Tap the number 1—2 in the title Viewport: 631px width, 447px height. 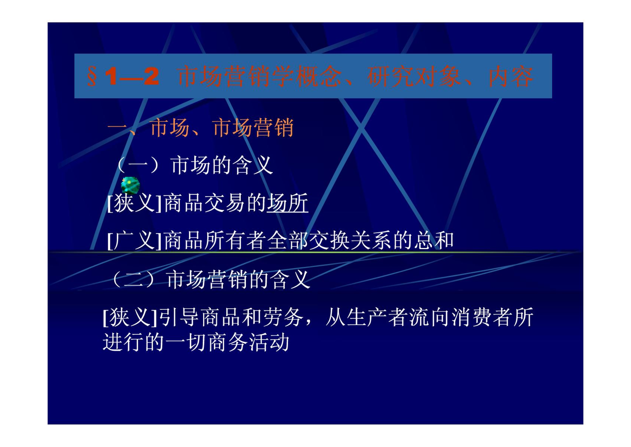pyautogui.click(x=132, y=76)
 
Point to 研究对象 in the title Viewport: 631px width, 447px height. pyautogui.click(x=414, y=76)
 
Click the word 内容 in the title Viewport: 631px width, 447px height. pyautogui.click(x=510, y=76)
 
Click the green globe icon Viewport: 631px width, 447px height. pyautogui.click(x=130, y=185)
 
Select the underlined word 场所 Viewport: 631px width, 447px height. pyautogui.click(x=287, y=203)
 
